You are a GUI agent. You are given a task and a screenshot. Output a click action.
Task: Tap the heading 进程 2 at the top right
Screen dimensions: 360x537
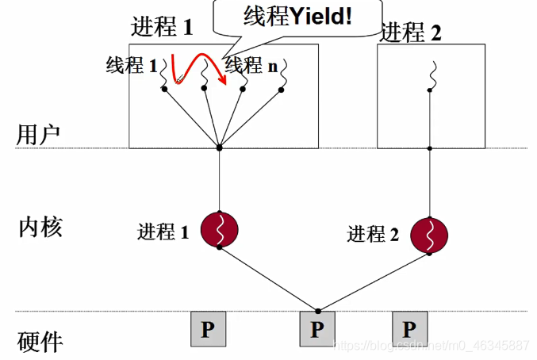tap(411, 33)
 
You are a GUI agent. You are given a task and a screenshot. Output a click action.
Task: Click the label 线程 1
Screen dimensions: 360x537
tap(132, 66)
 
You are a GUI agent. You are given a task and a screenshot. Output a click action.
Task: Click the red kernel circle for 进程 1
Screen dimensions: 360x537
tap(220, 229)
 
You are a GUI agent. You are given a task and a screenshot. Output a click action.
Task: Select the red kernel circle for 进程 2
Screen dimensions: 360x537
tap(429, 236)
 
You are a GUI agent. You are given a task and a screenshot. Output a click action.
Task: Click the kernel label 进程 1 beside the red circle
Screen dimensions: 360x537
tap(163, 232)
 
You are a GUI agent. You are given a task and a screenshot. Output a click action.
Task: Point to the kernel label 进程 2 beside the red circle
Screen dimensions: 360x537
tap(373, 235)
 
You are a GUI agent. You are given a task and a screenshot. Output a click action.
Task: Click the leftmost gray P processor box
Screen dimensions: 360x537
tap(207, 329)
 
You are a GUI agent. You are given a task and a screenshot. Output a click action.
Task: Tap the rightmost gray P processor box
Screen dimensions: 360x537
tap(409, 329)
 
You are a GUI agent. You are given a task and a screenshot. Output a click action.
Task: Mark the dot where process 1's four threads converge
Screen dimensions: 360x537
tap(220, 147)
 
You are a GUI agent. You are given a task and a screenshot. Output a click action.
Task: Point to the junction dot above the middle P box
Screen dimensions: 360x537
tap(317, 310)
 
